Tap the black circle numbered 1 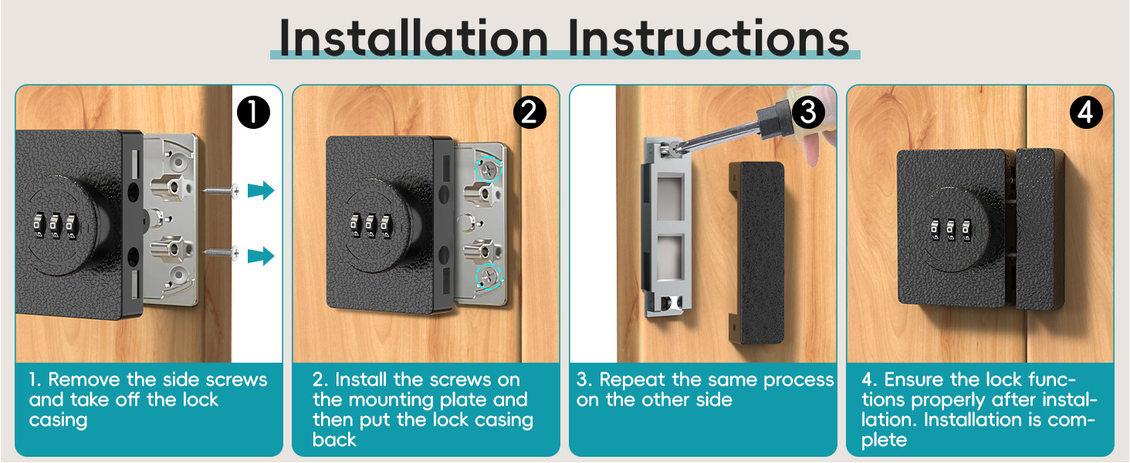(x=253, y=113)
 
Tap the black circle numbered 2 (x=529, y=113)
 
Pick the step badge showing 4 (x=1085, y=113)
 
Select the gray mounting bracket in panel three (x=666, y=231)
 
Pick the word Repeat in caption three (x=631, y=380)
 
